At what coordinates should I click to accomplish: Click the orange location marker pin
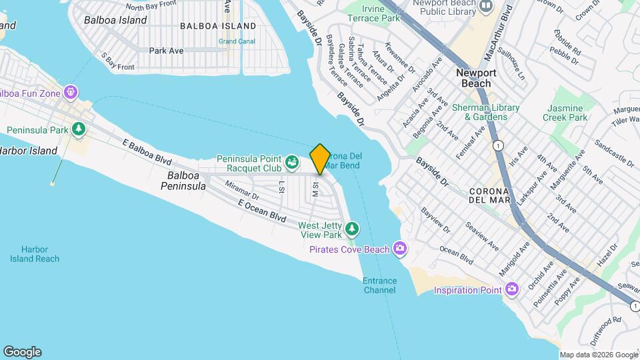[320, 159]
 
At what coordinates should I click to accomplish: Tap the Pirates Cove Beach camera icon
[400, 249]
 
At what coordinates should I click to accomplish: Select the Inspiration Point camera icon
[512, 289]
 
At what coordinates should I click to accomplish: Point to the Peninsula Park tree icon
[79, 129]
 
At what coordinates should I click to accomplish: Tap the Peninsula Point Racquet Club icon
[291, 161]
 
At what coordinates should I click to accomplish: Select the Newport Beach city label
[476, 78]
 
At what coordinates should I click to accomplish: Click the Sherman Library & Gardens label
[486, 112]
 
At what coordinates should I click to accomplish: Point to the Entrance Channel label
[379, 285]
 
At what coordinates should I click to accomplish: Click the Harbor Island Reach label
[35, 254]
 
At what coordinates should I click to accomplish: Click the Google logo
[22, 352]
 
